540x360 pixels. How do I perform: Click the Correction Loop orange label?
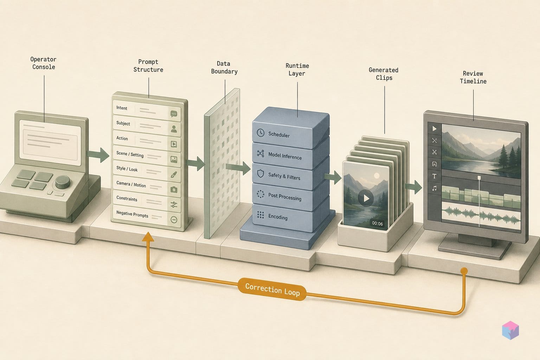[272, 289]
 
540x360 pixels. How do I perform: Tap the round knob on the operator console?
[63, 181]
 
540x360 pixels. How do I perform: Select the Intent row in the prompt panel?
[147, 111]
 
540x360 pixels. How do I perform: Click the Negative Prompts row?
[147, 216]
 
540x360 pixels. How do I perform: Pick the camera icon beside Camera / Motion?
[174, 189]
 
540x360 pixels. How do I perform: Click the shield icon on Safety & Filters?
[261, 174]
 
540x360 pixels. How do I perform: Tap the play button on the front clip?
[366, 198]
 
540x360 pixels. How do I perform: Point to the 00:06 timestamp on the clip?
[377, 224]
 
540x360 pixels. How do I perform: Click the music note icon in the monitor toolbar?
[435, 188]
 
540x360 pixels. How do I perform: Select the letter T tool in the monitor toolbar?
[435, 176]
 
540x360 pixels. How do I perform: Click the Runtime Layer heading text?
[297, 70]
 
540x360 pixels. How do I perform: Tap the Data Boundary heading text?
[224, 67]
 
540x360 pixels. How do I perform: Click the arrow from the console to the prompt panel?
[98, 155]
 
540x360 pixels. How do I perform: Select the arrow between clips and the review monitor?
[413, 187]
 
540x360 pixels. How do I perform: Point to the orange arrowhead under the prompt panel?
[148, 237]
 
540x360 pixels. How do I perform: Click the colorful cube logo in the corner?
[510, 330]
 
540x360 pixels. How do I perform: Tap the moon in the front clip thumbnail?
[376, 176]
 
